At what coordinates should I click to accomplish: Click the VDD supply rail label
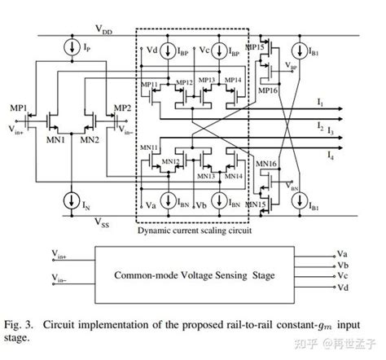103,31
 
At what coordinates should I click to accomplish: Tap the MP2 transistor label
121,108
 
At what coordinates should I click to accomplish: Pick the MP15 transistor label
256,50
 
